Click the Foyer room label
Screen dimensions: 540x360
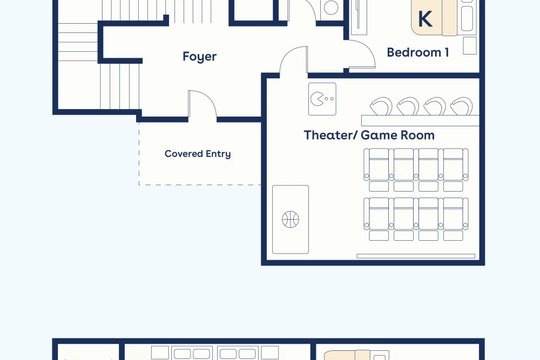click(199, 57)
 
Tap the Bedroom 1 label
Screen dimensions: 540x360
click(418, 52)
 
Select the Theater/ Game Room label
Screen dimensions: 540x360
click(369, 135)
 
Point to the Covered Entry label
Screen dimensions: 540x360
click(198, 154)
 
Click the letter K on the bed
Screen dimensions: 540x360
click(425, 19)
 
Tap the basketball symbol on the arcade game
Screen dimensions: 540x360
click(291, 220)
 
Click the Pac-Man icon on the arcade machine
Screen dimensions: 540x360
click(317, 99)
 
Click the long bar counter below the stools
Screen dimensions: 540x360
click(420, 120)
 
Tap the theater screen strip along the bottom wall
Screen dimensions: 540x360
click(416, 256)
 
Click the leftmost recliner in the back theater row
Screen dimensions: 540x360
click(379, 165)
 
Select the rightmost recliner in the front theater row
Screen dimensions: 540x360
click(453, 213)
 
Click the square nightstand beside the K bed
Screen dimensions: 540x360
click(470, 45)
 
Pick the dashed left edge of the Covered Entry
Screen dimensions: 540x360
click(139, 153)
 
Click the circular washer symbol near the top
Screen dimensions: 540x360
click(331, 8)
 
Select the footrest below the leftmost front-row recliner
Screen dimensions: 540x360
click(379, 235)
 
